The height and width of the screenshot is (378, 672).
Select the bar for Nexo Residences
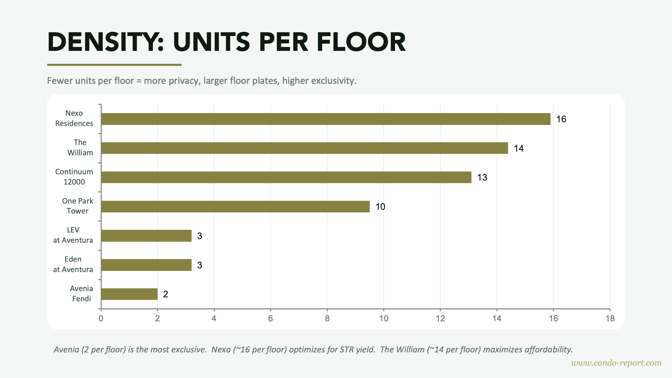326,119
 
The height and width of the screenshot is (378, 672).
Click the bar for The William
305,148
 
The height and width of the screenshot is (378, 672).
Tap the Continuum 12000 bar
286,177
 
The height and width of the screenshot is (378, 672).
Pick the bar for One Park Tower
235,206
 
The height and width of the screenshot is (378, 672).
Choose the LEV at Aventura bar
146,236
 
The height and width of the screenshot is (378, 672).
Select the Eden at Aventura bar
146,265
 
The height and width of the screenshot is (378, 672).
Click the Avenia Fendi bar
129,294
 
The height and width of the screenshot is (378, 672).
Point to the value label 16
561,119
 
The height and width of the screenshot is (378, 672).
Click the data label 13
482,177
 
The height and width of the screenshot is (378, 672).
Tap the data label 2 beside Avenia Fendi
165,294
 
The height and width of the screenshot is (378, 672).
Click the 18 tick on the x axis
610,318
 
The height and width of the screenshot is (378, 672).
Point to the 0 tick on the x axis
101,318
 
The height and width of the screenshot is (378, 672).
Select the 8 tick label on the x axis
327,318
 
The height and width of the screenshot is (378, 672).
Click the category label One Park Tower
77,206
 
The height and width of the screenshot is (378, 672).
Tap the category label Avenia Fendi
81,293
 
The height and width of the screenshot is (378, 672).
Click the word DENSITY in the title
105,42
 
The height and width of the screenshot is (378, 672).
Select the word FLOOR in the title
361,42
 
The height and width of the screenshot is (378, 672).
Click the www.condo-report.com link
616,363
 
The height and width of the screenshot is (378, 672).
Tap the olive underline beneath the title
114,65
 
